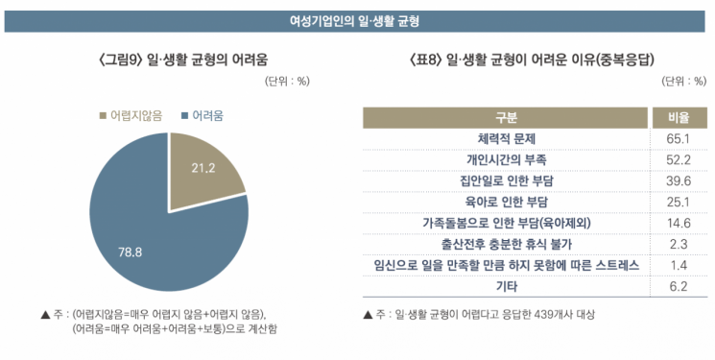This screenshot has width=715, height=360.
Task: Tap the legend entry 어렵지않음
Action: pos(131,115)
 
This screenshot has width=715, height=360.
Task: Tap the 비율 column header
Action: pos(679,118)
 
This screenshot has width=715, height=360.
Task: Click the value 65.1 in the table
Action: pos(679,138)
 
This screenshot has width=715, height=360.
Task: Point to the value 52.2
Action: pos(679,159)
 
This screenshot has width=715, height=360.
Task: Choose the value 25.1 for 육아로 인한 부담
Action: pos(679,202)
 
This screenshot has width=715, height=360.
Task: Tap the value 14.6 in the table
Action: pos(679,222)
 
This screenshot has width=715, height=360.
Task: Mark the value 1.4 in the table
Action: pos(679,264)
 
